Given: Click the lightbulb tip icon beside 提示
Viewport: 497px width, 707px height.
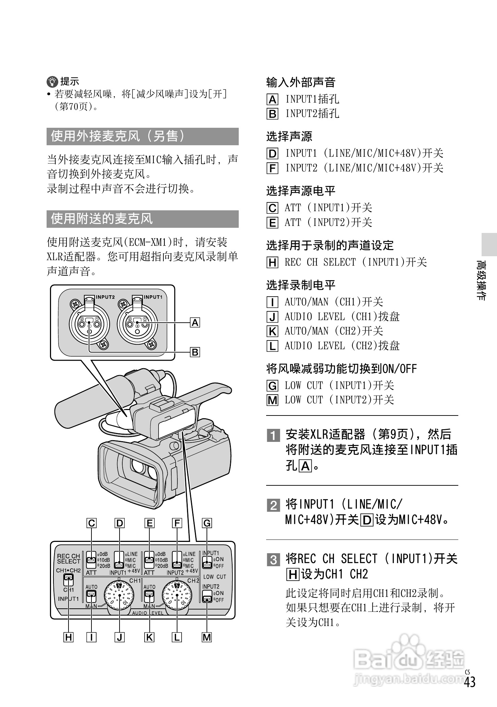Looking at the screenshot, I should tap(52, 82).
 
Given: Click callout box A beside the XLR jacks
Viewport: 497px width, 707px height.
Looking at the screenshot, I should tap(195, 323).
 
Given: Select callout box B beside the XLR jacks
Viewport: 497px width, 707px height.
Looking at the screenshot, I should tap(195, 352).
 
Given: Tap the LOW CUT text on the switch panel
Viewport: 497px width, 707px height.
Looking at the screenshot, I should tap(214, 577).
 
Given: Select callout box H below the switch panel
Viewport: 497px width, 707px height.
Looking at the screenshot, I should tap(69, 637).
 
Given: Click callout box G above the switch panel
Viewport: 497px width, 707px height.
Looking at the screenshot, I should tap(207, 523).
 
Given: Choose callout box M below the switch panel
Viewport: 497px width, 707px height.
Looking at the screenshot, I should tap(207, 637).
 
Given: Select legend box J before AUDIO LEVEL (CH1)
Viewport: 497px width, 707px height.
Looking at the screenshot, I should tap(272, 317).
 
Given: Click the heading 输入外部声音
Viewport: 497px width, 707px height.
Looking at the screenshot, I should tap(301, 82).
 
